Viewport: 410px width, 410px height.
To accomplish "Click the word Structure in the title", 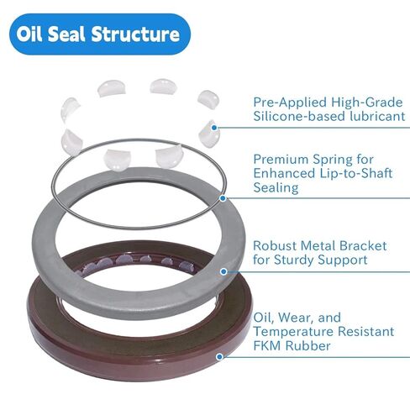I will tap(137, 34).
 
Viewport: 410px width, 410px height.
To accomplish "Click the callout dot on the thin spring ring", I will tap(223, 199).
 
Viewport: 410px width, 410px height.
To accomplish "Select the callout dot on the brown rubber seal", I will tap(219, 356).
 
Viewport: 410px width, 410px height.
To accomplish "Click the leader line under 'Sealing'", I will tap(319, 199).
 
